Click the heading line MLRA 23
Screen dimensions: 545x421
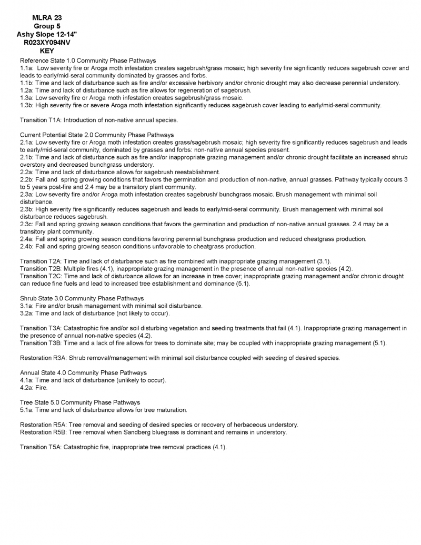(x=47, y=17)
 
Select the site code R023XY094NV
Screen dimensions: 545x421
(x=47, y=43)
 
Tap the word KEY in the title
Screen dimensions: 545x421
(x=47, y=51)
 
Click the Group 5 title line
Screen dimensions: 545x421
(x=47, y=26)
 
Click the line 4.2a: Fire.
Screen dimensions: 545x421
(x=34, y=388)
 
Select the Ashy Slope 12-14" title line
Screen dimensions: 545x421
(x=47, y=34)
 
